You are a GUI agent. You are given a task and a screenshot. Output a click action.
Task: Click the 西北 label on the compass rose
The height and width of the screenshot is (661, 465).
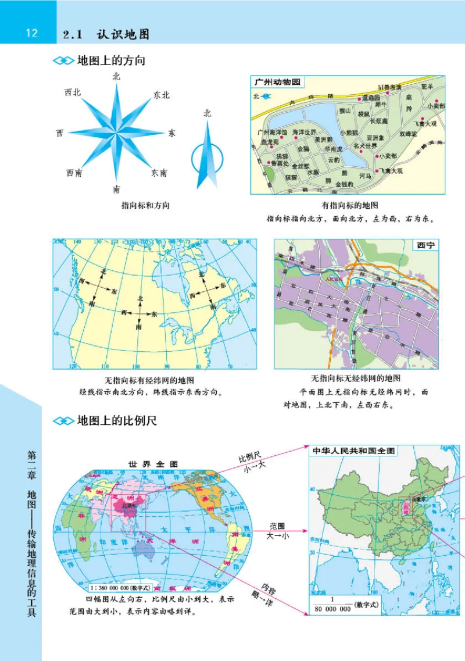click(73, 92)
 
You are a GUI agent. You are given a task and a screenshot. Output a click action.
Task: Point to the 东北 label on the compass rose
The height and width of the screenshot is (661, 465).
click(161, 95)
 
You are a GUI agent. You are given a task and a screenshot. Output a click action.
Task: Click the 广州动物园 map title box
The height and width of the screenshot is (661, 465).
click(277, 83)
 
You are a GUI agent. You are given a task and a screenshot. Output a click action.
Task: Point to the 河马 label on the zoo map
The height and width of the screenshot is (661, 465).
click(365, 175)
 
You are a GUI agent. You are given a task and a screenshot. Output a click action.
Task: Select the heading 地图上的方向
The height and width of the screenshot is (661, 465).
click(110, 60)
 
